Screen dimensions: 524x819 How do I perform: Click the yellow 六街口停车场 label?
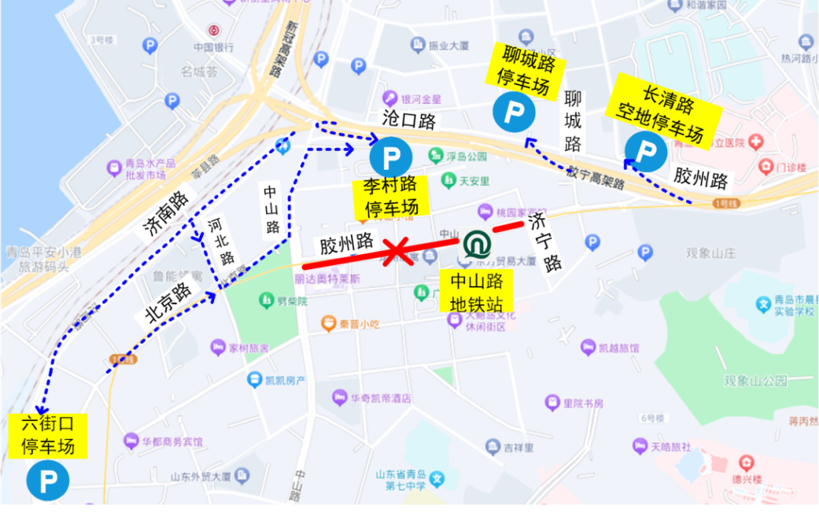click(x=48, y=436)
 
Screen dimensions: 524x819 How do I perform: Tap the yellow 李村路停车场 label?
click(x=391, y=196)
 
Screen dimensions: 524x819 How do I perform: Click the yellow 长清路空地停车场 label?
click(x=665, y=112)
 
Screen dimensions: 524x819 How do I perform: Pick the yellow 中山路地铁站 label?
click(x=477, y=293)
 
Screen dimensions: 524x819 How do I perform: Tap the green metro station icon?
click(x=477, y=244)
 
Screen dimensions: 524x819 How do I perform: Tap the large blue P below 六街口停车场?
click(x=47, y=480)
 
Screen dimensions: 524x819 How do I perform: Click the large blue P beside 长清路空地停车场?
click(x=645, y=152)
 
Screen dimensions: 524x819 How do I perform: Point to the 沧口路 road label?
click(x=409, y=120)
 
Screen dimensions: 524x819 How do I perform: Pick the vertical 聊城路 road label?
click(x=573, y=121)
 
